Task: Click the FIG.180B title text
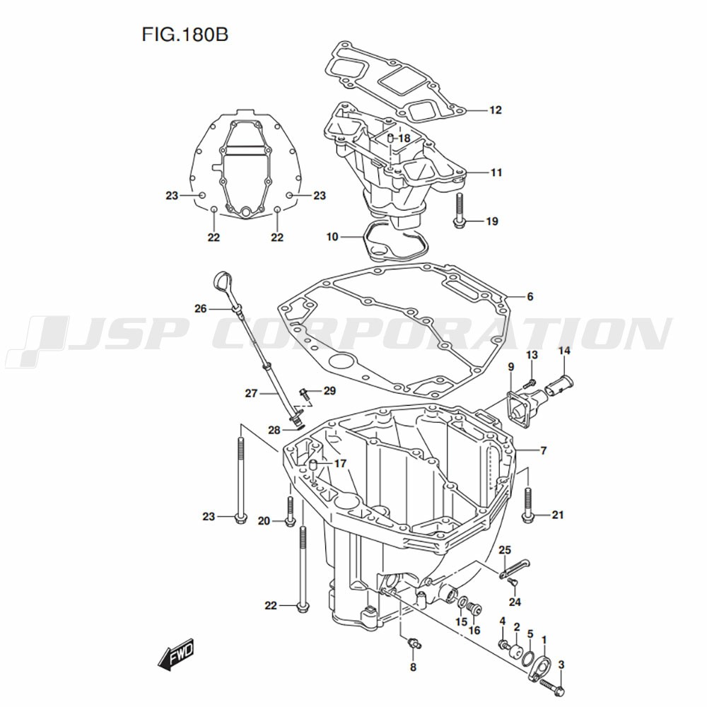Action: pos(185,35)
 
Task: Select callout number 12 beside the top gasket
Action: pos(495,110)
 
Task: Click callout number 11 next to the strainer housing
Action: pos(496,173)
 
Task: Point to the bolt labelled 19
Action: pos(459,210)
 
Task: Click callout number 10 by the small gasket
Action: pos(332,237)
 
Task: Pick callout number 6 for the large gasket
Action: pos(530,296)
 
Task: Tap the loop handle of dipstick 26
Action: pos(221,284)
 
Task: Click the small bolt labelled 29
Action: pos(304,395)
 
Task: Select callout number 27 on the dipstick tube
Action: pos(251,393)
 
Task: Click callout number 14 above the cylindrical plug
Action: pos(564,351)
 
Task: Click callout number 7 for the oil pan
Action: pos(543,450)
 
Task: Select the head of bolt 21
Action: pos(528,518)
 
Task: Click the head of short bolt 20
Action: pos(289,522)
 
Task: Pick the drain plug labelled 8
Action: pos(414,643)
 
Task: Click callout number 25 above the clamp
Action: pos(505,549)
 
